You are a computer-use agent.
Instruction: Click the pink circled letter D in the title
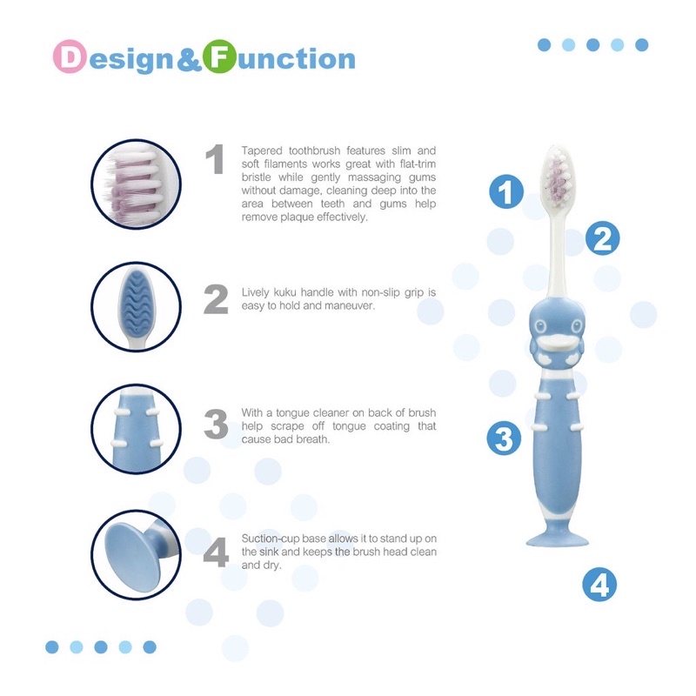tap(70, 57)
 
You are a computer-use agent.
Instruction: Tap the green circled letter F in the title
tap(220, 57)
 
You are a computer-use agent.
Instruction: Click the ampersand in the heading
tap(189, 61)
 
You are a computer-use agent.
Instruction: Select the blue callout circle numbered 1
tap(506, 191)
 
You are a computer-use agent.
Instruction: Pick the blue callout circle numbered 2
tap(602, 238)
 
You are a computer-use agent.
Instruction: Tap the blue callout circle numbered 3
tap(504, 438)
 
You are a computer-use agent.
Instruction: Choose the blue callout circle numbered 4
tap(599, 584)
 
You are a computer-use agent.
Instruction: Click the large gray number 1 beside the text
tap(215, 159)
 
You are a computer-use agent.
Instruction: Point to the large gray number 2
tap(216, 299)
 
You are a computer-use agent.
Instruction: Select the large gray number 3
tap(216, 424)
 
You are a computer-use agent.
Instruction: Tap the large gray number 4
tap(216, 552)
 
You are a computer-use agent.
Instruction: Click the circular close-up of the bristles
tap(137, 184)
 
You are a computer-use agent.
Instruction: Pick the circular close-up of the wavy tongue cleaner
tap(137, 306)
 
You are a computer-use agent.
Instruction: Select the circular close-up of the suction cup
tap(137, 554)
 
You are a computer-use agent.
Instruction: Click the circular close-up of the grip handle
tap(137, 429)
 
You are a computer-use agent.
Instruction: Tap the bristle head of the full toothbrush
tap(558, 178)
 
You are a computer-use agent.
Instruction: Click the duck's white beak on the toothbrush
tap(557, 342)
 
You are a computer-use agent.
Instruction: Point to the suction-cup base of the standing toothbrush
tap(558, 534)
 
